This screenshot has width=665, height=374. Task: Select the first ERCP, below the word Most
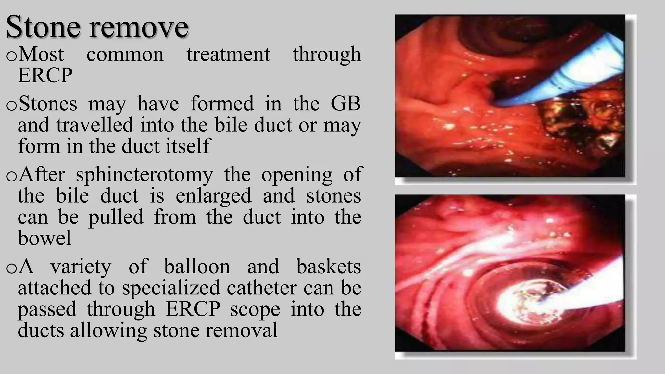pos(45,75)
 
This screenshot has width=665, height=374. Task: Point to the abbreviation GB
pos(345,104)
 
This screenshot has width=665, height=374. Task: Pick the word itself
pos(188,146)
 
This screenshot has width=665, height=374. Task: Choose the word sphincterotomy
pos(144,174)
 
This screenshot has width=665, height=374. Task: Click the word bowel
pos(44,238)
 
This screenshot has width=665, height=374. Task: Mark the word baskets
pos(329,267)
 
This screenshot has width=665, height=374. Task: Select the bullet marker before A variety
pos(11,268)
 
